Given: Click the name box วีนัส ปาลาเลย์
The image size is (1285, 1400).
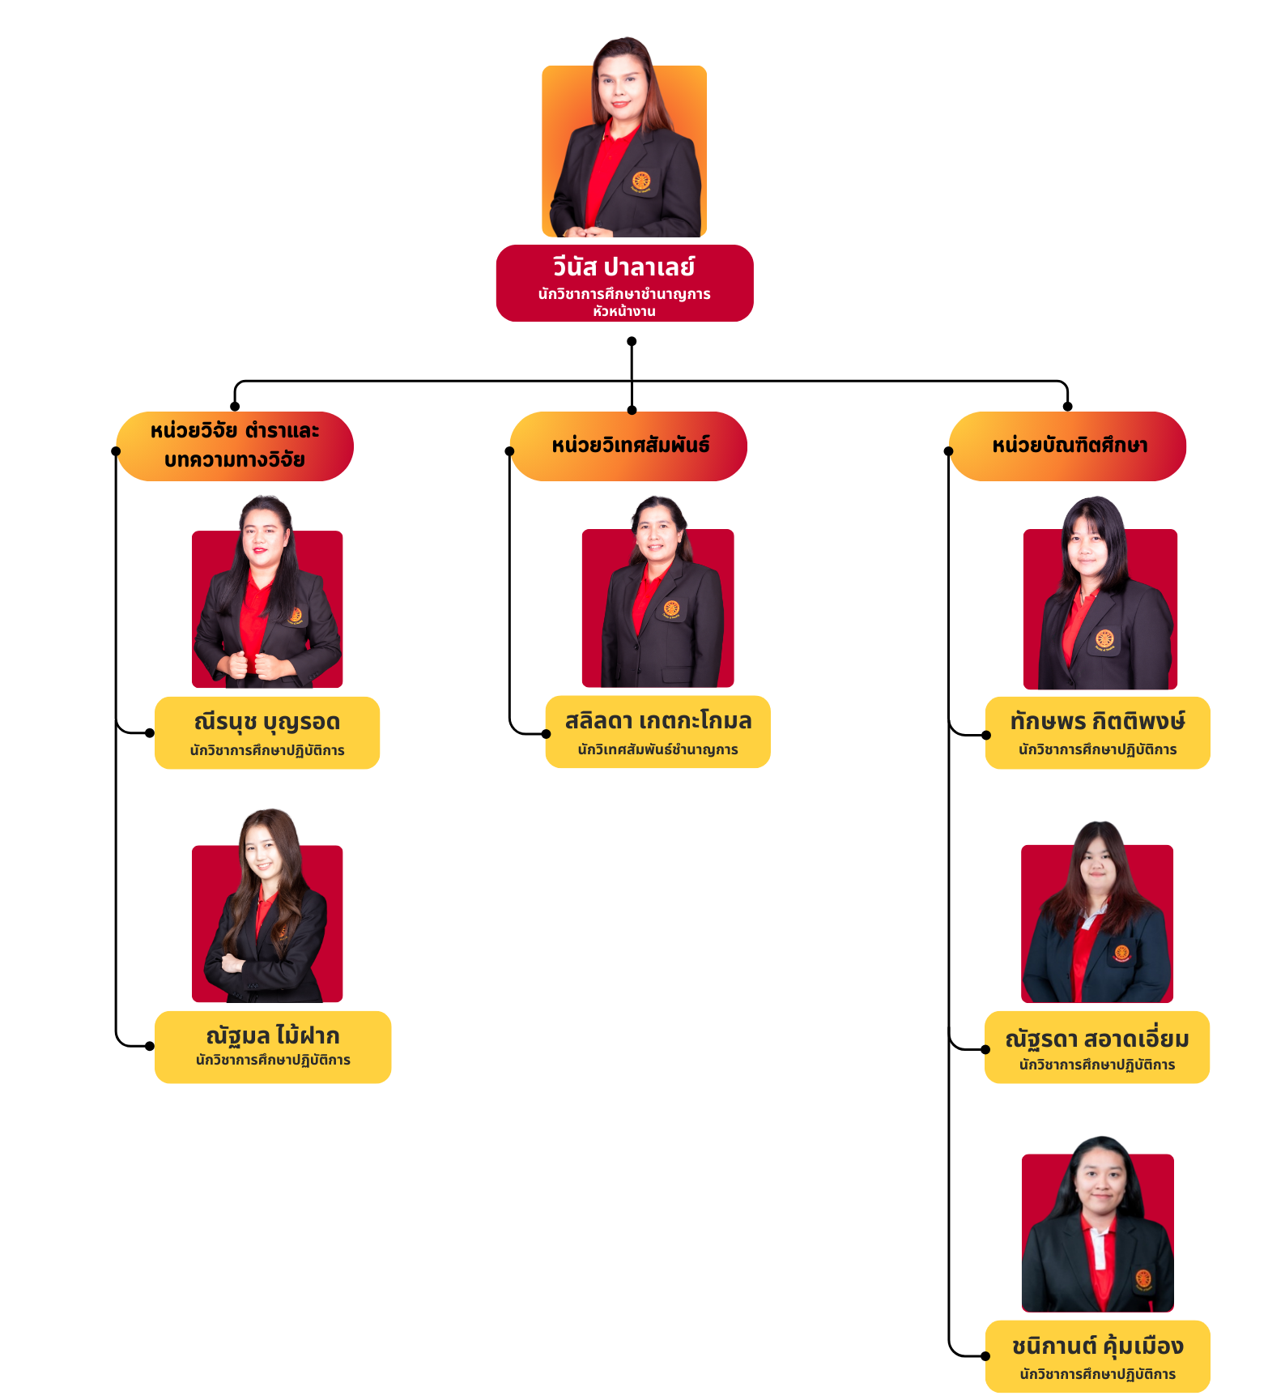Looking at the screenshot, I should pos(624,283).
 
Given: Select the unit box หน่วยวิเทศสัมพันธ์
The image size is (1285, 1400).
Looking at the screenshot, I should pos(629,446).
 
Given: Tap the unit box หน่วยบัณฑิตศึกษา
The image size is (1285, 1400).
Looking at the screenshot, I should pos(1068,446).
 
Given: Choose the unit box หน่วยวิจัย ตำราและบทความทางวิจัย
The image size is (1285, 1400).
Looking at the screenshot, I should pos(235,446).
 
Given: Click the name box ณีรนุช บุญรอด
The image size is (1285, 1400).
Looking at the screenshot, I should pos(267,732).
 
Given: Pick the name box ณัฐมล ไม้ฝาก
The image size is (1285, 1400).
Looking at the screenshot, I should pos(273,1046).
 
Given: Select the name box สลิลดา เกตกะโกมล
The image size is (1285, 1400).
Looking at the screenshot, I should pos(657,731).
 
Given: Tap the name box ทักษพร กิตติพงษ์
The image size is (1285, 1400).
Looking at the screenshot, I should pos(1097,732).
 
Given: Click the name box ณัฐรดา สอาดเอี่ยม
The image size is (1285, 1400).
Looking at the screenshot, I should pos(1096,1047).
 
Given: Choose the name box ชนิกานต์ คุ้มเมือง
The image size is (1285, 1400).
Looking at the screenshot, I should pos(1097,1356).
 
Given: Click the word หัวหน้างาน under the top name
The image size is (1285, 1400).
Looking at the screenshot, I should pos(623,311).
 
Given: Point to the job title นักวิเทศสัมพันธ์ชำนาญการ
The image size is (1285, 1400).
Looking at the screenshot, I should pos(657,749).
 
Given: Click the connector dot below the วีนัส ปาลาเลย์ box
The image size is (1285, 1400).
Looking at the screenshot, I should pos(632,341).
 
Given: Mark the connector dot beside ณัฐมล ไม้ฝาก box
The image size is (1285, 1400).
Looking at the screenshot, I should pos(150,1046).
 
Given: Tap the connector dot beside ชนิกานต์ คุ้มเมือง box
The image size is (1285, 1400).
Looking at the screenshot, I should pos(985,1355).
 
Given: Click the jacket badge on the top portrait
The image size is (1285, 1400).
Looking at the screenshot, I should pos(641,182).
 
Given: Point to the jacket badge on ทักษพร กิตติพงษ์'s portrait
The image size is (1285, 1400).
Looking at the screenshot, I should pos(1104,640).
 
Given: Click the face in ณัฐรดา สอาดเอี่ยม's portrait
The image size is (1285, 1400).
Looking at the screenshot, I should pos(1098,864).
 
